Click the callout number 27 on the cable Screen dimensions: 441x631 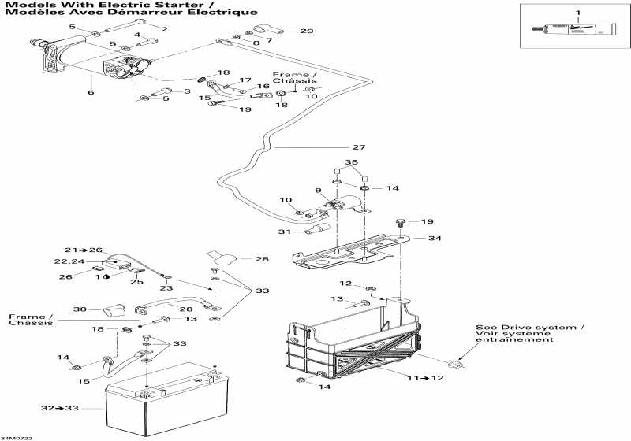[x=359, y=147]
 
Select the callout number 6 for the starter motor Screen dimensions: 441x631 [x=91, y=92]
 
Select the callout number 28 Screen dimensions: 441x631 [x=263, y=258]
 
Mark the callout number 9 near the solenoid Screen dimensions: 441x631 [x=319, y=191]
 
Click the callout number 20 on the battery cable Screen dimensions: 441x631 [x=187, y=309]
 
